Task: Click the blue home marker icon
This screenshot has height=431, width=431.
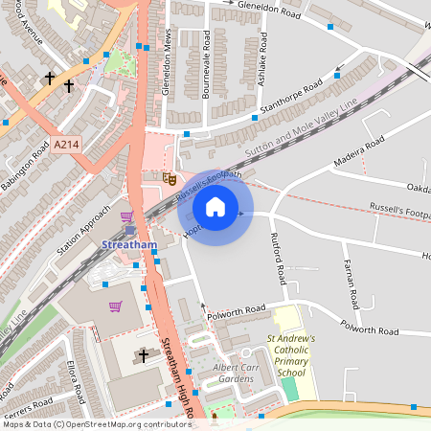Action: click(x=215, y=207)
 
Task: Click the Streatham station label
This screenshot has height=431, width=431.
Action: click(x=126, y=245)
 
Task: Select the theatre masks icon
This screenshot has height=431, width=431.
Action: click(x=170, y=177)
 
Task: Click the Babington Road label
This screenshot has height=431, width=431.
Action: click(x=26, y=168)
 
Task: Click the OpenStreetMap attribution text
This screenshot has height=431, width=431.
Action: click(x=96, y=423)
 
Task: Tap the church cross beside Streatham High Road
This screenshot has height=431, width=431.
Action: click(x=144, y=356)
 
